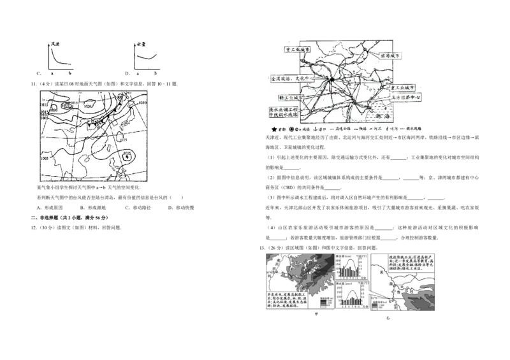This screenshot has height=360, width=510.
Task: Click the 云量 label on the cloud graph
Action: [x=142, y=45]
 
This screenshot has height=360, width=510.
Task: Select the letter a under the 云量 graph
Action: [x=138, y=74]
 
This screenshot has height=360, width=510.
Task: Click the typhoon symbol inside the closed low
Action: [x=127, y=155]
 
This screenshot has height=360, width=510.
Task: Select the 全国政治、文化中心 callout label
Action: [x=293, y=79]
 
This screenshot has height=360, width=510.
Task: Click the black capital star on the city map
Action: [x=332, y=80]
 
